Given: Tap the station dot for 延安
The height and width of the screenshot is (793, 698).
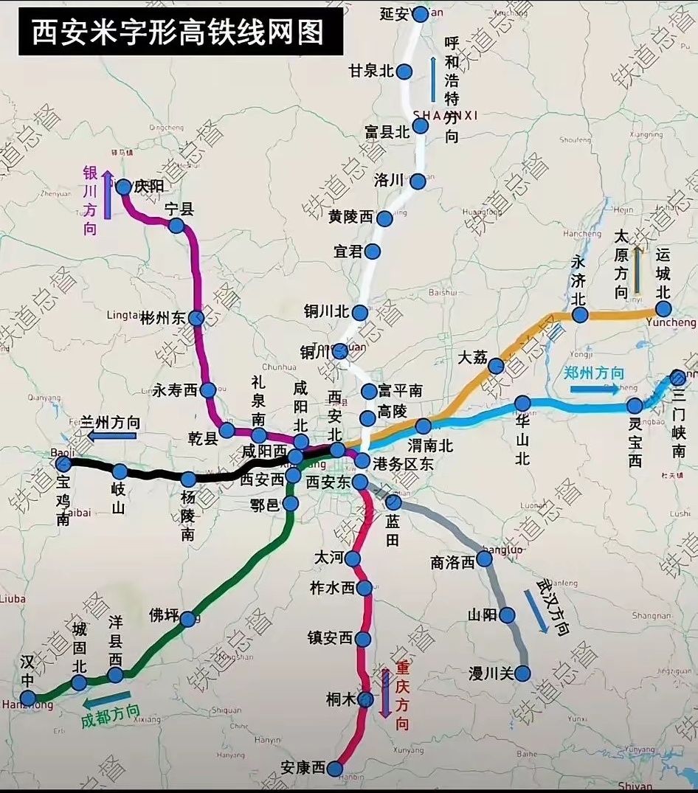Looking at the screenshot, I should click(x=420, y=14).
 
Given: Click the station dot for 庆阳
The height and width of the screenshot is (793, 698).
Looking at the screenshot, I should click(x=124, y=187).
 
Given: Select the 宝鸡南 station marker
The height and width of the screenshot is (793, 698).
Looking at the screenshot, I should click(x=63, y=463).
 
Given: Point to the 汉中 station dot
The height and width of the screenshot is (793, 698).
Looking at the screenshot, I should click(x=28, y=697).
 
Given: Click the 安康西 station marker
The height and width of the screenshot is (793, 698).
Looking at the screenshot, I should click(x=336, y=769).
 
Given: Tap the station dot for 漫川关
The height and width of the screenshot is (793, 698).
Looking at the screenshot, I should click(x=522, y=673).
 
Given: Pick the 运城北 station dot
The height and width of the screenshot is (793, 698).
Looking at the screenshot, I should click(x=663, y=313).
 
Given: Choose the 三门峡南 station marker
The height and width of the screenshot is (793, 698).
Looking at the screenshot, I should click(x=677, y=378).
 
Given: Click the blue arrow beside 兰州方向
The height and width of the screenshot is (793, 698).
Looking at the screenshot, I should click(x=112, y=436).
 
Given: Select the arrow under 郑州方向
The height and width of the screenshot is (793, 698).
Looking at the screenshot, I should click(x=595, y=389).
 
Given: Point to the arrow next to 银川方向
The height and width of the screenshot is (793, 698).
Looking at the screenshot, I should click(x=108, y=195).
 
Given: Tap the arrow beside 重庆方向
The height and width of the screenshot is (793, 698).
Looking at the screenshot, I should click(x=385, y=693).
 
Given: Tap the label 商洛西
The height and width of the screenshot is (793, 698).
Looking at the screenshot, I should click(x=452, y=562).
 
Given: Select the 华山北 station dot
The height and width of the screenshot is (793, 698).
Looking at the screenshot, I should click(x=522, y=404).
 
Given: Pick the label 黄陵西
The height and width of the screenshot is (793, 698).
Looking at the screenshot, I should click(x=352, y=217).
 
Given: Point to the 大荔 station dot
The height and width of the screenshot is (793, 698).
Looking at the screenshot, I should click(x=496, y=366).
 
